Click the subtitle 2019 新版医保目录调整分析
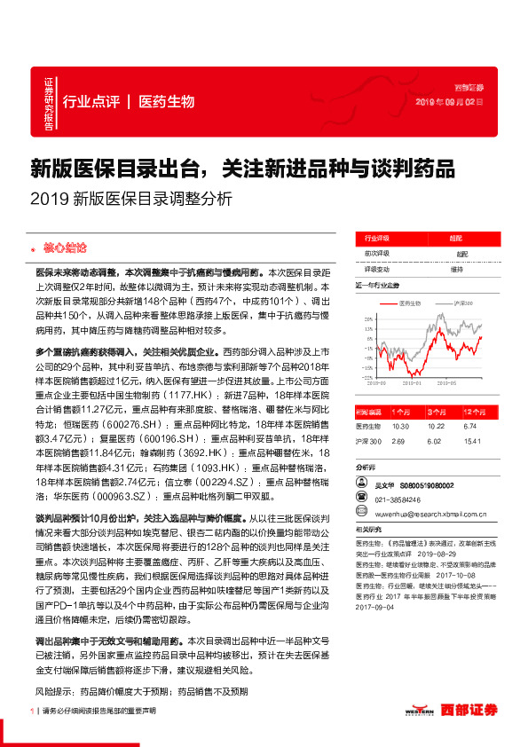pyautogui.click(x=130, y=199)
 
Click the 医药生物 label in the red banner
pyautogui.click(x=167, y=101)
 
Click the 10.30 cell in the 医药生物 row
pyautogui.click(x=398, y=426)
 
